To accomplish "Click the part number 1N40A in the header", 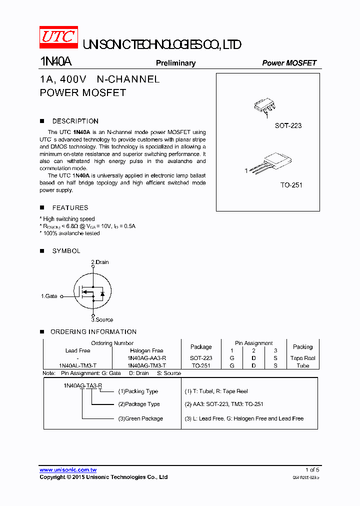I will [55, 62].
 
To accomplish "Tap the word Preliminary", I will [175, 63].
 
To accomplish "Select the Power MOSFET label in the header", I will [289, 63].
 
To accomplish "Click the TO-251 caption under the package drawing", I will [291, 185].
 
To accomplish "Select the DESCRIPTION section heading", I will [75, 121].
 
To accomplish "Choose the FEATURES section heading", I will [70, 207].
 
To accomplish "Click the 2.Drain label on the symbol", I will [100, 262].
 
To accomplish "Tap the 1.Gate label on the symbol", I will [49, 296].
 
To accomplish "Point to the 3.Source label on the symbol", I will [102, 319].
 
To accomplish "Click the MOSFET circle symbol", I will [92, 291].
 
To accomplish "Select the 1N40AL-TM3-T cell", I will [78, 365].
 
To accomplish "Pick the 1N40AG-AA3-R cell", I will [147, 358].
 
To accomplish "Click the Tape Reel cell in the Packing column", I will [302, 358].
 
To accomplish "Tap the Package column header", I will [201, 346].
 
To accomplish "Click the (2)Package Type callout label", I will [139, 404].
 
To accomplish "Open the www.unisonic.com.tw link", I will [68, 470].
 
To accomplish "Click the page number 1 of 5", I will [312, 470].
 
